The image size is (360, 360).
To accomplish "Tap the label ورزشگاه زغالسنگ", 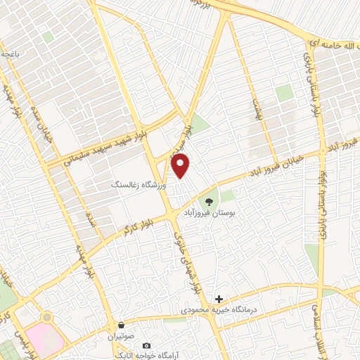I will [x=140, y=184].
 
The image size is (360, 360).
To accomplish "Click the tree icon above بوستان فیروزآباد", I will [x=209, y=201].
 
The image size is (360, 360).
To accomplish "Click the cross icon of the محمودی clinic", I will [x=219, y=300].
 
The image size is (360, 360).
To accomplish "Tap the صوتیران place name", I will [x=121, y=336].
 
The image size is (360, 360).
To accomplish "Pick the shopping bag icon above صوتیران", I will [x=122, y=326].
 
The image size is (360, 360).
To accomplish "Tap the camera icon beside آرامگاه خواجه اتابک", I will [x=146, y=346].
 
